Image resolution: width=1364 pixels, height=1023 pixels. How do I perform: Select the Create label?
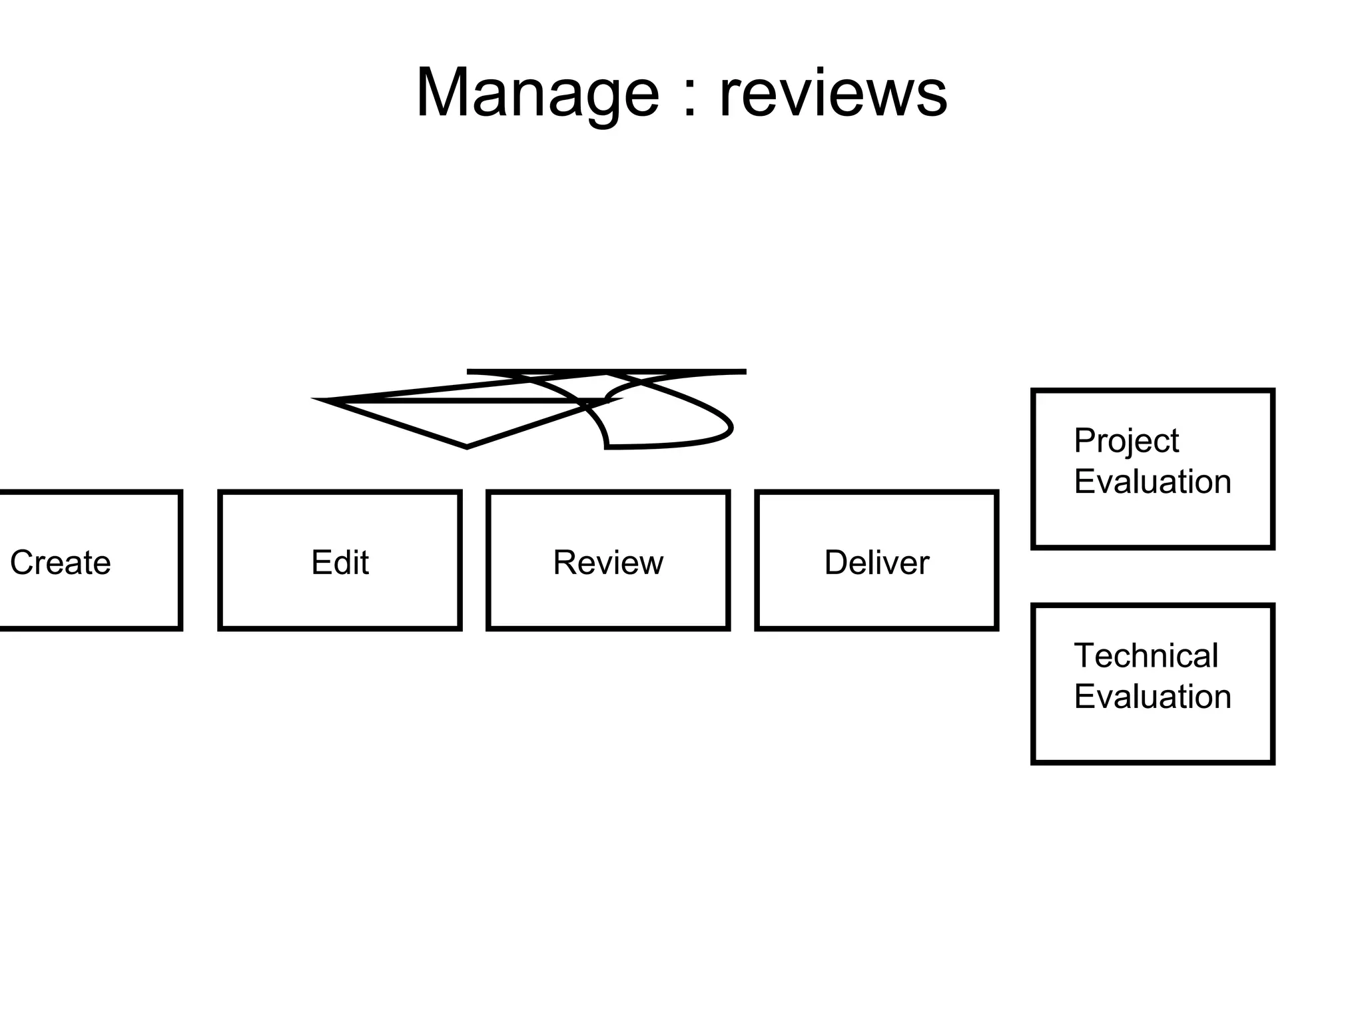pos(60,562)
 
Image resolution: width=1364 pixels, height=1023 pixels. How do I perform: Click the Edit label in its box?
pos(340,562)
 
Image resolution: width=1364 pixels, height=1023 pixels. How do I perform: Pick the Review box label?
pos(608,562)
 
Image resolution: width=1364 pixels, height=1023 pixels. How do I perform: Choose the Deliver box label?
pos(876,562)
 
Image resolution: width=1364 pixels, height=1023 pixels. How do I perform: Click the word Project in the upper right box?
pos(1126,442)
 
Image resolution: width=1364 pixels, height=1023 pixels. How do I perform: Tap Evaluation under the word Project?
pos(1152,482)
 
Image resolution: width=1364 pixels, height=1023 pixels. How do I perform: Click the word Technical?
pos(1146,656)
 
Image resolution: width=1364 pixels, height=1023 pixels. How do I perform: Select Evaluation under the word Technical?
pos(1152,697)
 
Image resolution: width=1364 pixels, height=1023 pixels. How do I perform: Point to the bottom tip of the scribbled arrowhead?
pos(467,447)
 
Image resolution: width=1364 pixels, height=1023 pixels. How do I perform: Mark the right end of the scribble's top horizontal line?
pos(745,372)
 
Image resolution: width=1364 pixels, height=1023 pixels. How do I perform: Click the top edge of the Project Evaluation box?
pos(1152,391)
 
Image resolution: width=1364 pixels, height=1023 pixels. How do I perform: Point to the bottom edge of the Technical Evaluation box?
pos(1152,762)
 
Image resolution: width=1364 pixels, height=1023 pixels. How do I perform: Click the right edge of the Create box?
pos(180,560)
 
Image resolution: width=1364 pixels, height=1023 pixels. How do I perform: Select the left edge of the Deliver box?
pos(757,560)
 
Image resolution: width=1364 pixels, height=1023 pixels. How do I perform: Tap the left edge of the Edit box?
pos(220,560)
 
